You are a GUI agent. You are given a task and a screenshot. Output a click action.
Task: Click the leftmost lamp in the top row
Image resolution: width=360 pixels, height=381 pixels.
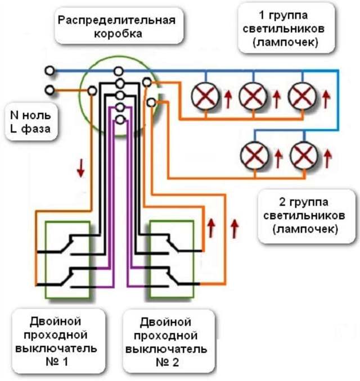[x=204, y=97]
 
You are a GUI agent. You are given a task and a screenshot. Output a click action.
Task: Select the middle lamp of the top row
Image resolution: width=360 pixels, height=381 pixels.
[x=251, y=97]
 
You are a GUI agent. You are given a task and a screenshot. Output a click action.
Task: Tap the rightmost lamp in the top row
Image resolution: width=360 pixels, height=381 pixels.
[x=301, y=97]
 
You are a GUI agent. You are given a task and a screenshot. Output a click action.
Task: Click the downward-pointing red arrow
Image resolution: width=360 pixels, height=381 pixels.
[x=80, y=167]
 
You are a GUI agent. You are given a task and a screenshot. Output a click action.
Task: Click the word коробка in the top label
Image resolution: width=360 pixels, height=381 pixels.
[x=116, y=33]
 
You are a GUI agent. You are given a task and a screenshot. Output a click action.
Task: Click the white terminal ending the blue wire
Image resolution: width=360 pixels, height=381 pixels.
[x=50, y=71]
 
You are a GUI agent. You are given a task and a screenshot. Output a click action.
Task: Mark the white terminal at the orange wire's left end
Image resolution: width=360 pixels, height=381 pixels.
[x=50, y=90]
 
